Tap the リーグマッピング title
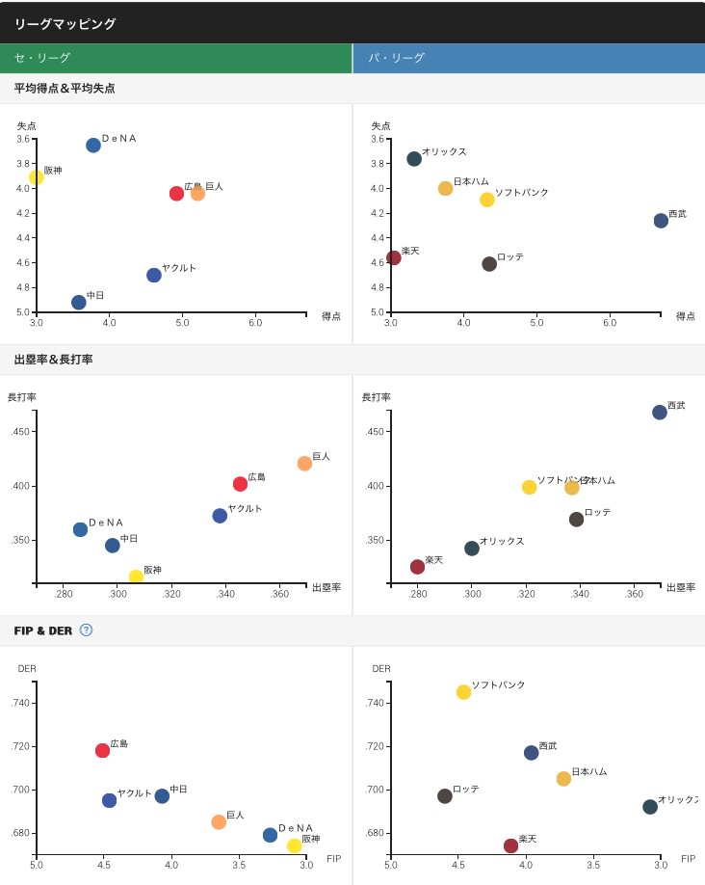(65, 23)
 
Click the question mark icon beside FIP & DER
(86, 630)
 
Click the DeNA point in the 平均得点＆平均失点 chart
(93, 145)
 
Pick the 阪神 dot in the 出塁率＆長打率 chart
(136, 577)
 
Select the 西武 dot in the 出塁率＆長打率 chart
(660, 412)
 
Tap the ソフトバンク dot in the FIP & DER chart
(463, 691)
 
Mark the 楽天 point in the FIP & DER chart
(510, 845)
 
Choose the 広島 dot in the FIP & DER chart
(102, 750)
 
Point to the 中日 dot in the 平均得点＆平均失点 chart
(79, 302)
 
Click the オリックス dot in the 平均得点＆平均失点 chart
(414, 158)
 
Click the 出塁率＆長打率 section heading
(53, 360)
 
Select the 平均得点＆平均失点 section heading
(65, 89)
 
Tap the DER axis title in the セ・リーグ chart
(27, 668)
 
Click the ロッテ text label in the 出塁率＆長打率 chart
(597, 512)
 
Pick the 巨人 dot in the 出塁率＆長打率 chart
(304, 463)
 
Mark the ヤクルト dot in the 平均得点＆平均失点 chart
(154, 275)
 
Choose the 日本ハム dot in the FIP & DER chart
(563, 778)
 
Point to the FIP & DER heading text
(43, 630)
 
